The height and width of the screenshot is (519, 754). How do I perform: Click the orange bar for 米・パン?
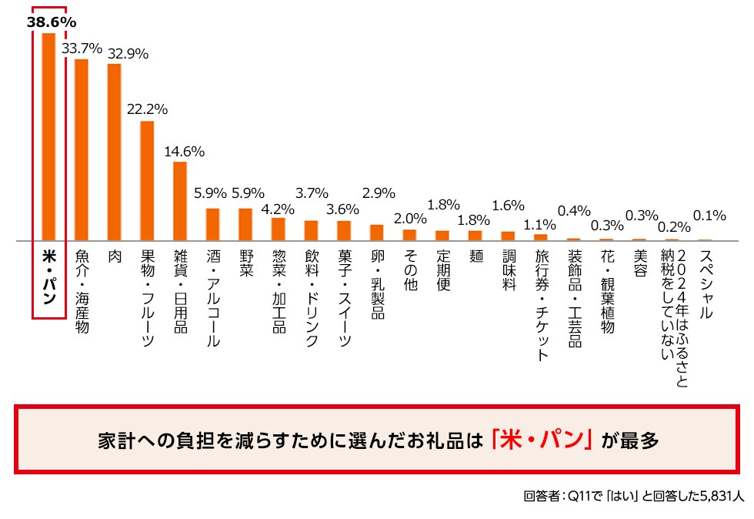tap(48, 137)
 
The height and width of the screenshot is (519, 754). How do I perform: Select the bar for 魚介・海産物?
tap(81, 150)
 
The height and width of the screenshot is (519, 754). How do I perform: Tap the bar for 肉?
tap(114, 152)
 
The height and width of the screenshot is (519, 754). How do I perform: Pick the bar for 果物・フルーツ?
tap(147, 181)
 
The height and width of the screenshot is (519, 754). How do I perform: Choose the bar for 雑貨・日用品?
tap(180, 201)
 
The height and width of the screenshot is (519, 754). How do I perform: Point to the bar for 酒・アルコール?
tap(212, 224)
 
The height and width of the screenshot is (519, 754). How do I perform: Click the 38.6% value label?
tap(52, 22)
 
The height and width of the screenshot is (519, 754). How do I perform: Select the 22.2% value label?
tap(147, 109)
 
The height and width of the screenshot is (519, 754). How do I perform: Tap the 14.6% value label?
tap(184, 151)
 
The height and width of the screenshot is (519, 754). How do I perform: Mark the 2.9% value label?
tap(379, 192)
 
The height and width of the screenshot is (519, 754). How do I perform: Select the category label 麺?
tap(475, 256)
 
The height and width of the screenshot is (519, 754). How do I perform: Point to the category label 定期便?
tap(442, 267)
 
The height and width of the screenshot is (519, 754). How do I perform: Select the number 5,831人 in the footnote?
tap(716, 497)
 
